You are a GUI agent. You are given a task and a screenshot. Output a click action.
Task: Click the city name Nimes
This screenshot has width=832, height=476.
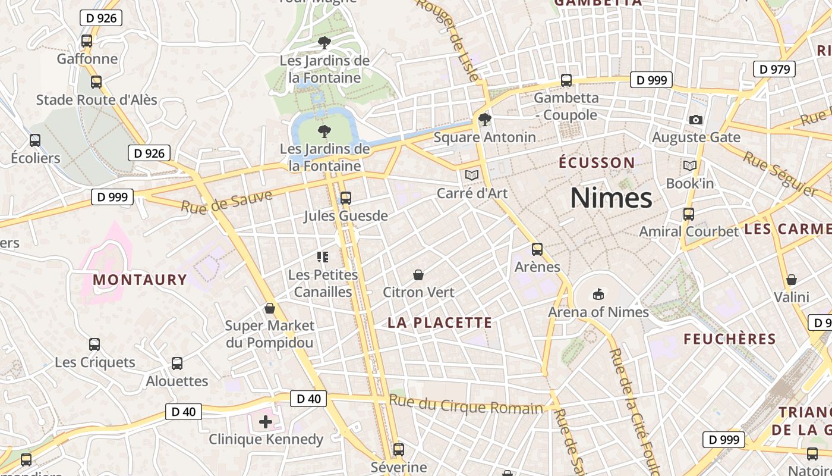[x=611, y=198]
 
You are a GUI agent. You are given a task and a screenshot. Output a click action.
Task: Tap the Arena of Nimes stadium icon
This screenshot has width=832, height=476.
[x=598, y=295]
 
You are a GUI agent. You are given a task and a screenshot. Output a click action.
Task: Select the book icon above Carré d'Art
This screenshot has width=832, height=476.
[x=472, y=176]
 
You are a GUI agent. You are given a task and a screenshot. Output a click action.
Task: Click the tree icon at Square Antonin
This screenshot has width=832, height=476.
[x=485, y=120]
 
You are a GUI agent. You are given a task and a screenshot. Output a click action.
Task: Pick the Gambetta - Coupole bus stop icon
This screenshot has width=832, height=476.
[x=566, y=80]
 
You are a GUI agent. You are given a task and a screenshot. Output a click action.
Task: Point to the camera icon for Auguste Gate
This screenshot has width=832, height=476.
[x=696, y=120]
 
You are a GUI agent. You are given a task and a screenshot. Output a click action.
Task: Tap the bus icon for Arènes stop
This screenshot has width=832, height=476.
[x=537, y=249]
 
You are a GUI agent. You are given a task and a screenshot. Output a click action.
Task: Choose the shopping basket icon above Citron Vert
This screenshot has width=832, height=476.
[x=418, y=275]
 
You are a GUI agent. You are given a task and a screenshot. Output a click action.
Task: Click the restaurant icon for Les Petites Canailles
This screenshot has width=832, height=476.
[x=323, y=257]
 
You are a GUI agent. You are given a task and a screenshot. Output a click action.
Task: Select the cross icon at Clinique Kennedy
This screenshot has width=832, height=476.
[x=266, y=422]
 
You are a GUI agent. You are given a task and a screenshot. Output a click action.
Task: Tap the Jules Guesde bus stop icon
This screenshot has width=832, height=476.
[x=345, y=198]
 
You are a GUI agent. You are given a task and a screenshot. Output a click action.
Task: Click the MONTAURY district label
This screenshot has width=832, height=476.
[x=140, y=280]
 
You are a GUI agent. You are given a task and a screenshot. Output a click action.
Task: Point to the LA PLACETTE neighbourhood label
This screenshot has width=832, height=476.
[x=440, y=323]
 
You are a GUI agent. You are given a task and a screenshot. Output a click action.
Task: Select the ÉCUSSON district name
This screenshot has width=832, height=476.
[x=597, y=163]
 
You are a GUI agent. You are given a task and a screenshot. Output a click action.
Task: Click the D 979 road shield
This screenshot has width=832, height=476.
[x=774, y=69]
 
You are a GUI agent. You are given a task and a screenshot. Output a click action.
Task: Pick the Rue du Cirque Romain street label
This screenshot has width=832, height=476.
[x=466, y=405]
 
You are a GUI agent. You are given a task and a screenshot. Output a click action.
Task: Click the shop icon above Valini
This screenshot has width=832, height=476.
[x=792, y=280]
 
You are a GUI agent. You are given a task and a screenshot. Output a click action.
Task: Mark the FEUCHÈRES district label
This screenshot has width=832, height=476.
[x=730, y=339]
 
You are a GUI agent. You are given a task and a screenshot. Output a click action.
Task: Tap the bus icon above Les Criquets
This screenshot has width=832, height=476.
[x=94, y=345]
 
